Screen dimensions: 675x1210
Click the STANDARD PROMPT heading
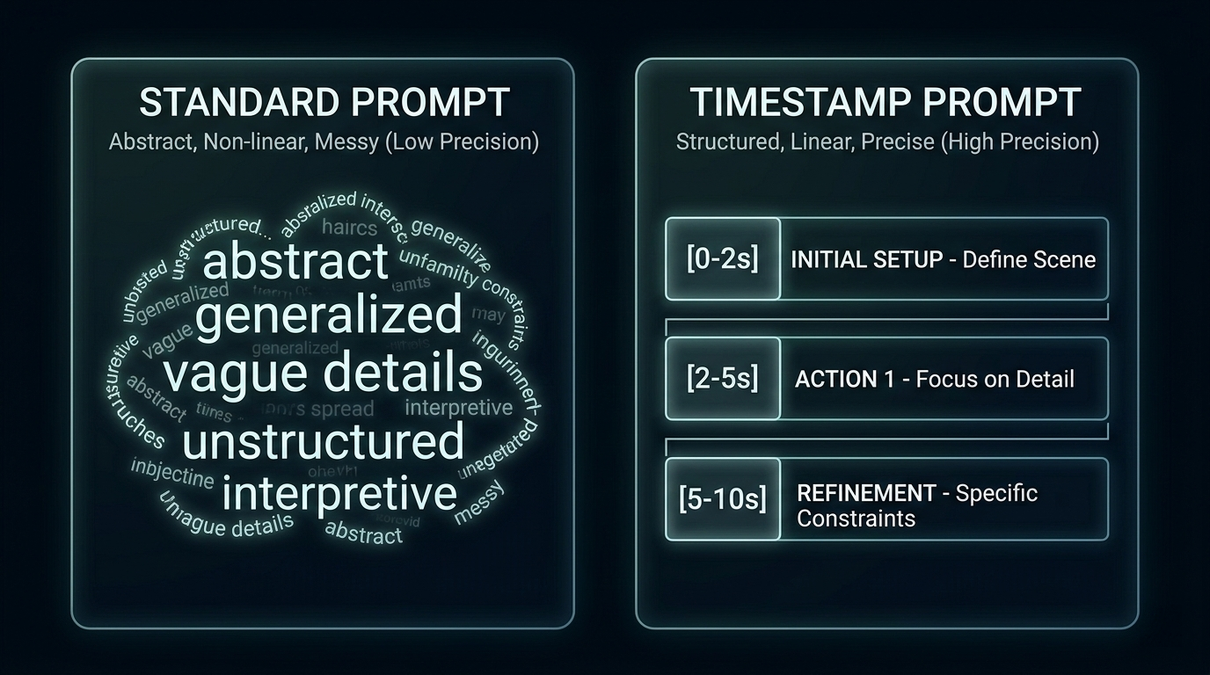tap(324, 103)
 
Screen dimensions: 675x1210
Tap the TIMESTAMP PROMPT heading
tap(886, 103)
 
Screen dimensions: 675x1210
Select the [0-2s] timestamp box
tap(723, 259)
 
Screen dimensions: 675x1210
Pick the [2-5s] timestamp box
tap(723, 379)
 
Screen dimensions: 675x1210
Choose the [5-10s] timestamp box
tap(723, 498)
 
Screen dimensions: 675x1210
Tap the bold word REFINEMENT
tap(865, 493)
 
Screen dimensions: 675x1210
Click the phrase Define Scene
tap(1029, 260)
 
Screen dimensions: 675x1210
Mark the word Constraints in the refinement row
tap(856, 519)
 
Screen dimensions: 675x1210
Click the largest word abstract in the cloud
tap(295, 262)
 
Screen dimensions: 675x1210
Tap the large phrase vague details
tap(323, 373)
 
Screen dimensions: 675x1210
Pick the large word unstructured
tap(323, 441)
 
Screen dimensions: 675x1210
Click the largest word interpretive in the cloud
tap(339, 494)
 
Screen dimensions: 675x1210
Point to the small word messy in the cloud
tap(479, 502)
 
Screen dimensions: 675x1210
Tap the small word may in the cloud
tap(488, 314)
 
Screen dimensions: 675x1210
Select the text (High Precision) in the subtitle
tap(1019, 142)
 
